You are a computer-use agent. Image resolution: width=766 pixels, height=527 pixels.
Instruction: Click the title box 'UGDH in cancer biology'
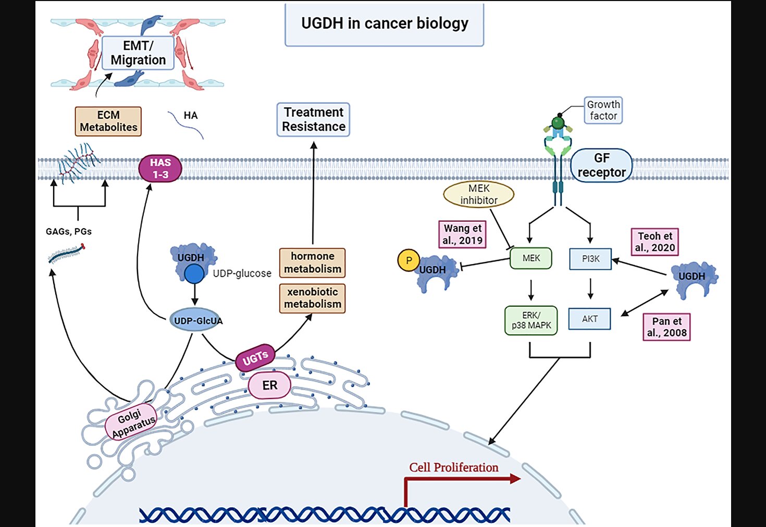click(x=384, y=24)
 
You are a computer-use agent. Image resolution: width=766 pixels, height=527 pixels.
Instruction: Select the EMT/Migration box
click(x=138, y=53)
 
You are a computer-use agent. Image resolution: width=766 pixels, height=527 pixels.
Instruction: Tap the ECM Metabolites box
click(x=108, y=121)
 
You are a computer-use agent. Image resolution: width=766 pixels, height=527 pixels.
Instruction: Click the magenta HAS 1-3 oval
click(x=160, y=168)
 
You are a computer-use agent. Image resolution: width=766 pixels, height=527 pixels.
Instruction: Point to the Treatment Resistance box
click(x=313, y=120)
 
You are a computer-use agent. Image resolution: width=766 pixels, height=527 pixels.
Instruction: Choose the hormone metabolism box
click(x=312, y=262)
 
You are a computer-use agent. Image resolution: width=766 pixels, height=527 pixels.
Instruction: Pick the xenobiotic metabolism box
click(x=312, y=298)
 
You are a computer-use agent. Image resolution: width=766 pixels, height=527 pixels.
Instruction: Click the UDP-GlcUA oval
click(x=195, y=320)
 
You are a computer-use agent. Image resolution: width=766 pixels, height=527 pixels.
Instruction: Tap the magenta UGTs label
click(x=255, y=358)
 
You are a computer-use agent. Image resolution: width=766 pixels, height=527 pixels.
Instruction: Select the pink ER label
click(x=269, y=385)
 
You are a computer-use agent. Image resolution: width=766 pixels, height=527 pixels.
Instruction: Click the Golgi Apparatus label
click(x=131, y=422)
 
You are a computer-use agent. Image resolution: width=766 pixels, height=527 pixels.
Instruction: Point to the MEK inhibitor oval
click(x=478, y=194)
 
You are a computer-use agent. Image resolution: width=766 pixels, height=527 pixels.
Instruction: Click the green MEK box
click(x=530, y=258)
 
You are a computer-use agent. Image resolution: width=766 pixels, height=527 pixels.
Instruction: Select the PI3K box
click(x=590, y=259)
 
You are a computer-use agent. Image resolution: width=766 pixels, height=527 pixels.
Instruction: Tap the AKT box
click(x=589, y=319)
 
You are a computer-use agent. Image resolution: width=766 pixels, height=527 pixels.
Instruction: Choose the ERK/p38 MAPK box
click(x=530, y=320)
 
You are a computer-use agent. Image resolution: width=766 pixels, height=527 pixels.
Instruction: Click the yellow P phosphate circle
click(x=409, y=260)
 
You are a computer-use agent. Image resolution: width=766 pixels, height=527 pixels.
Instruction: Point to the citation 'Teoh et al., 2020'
click(x=654, y=242)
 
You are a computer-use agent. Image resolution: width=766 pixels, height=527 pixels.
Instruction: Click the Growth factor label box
click(x=603, y=110)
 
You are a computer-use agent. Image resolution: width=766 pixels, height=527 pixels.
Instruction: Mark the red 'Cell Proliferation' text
click(x=453, y=467)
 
